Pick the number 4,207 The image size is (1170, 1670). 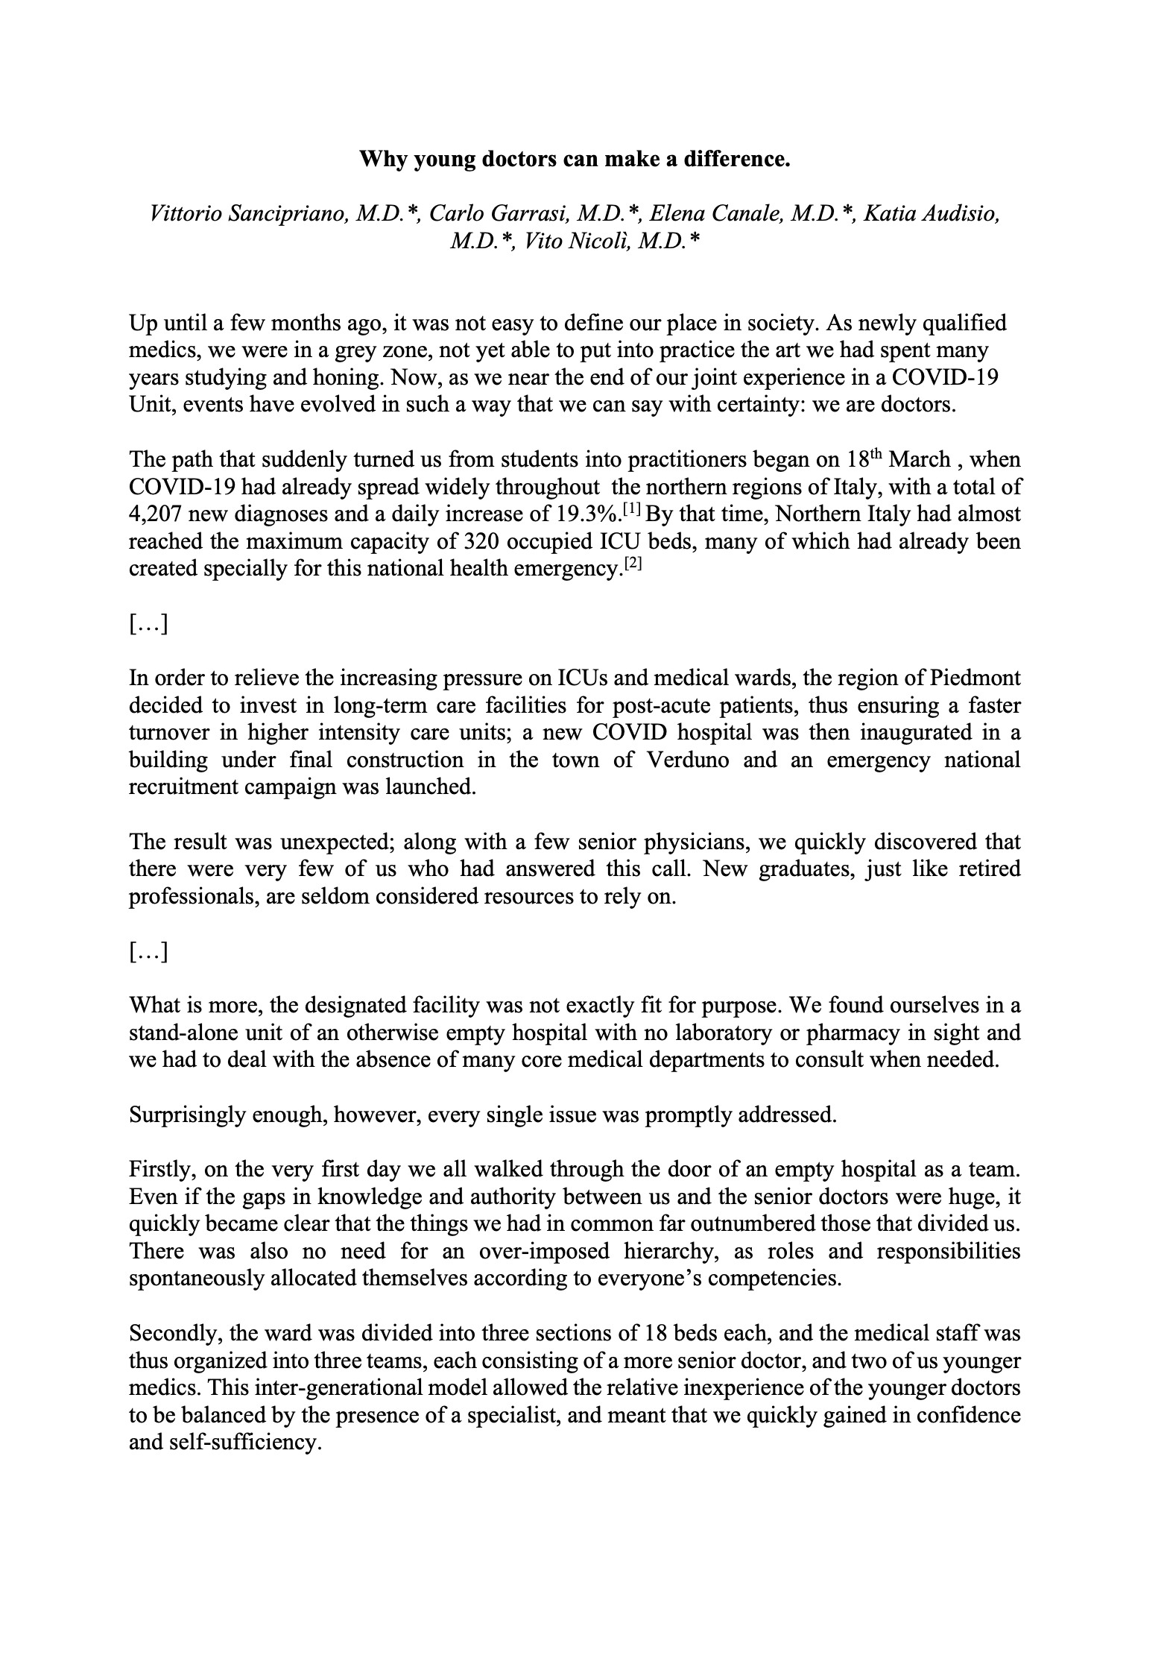coord(159,514)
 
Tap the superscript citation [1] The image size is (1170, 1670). coord(632,509)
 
